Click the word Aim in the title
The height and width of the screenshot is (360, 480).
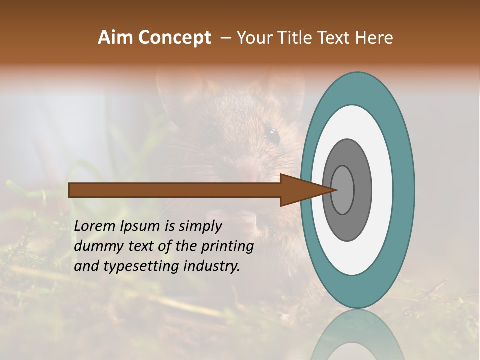[116, 38]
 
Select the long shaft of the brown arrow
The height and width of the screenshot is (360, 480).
[175, 190]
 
